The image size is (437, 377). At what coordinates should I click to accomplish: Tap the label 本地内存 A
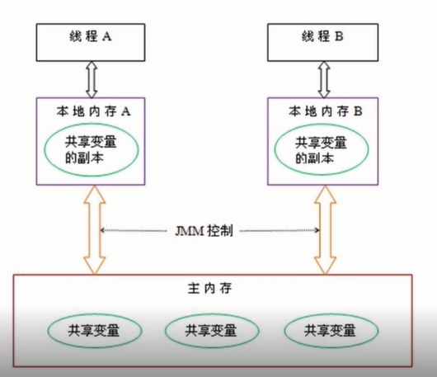pos(93,111)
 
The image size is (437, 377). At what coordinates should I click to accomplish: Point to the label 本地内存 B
pos(325,111)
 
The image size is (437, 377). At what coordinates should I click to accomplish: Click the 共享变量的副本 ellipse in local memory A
pos(92,150)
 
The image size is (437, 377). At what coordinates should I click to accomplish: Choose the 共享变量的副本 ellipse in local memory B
pos(322,150)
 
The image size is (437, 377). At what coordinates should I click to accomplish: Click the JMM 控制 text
pos(204,231)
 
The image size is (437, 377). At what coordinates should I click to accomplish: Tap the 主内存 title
pos(209,288)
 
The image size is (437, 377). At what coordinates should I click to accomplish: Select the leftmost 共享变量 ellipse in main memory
pos(95,331)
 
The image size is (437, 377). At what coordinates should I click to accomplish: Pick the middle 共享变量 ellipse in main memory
pos(212,331)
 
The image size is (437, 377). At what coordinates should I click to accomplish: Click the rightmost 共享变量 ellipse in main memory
pos(331,331)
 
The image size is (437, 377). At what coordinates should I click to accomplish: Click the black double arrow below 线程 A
pos(92,80)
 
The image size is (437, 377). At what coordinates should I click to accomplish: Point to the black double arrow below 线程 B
pos(324,80)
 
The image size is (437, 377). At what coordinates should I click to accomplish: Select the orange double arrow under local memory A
pos(95,230)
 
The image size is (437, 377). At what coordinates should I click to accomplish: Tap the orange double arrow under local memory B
pos(325,230)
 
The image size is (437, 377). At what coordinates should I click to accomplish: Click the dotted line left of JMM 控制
pos(134,231)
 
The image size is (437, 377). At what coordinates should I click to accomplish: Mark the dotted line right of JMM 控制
pos(280,231)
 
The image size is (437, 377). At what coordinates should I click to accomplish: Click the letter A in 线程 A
pos(106,36)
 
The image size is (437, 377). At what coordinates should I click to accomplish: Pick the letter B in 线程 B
pos(339,36)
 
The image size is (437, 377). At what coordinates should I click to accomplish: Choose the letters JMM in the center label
pos(190,231)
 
